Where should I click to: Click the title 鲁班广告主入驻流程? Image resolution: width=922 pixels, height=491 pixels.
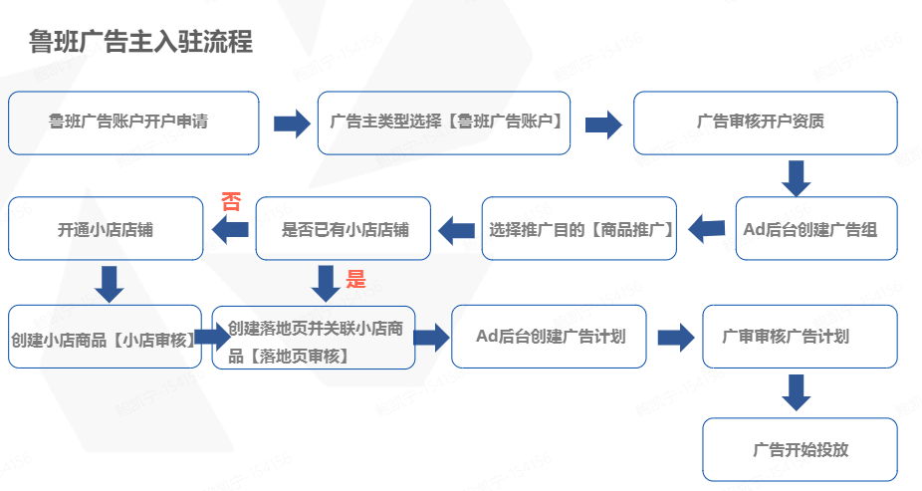pos(140,42)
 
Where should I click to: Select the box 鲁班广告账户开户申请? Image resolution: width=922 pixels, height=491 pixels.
pos(133,123)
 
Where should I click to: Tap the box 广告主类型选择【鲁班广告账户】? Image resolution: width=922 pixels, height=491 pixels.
pos(444,123)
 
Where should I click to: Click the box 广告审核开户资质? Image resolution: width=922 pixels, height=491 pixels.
pos(765,123)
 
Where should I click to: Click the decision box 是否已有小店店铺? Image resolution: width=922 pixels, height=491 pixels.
pos(345,229)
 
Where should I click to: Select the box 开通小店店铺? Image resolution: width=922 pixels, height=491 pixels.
pos(106,229)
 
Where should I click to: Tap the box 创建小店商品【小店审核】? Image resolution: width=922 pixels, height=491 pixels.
pos(106,338)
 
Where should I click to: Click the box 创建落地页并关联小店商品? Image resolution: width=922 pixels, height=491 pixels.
pos(314,338)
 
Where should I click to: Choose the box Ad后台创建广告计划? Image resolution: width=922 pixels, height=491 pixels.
pos(550,337)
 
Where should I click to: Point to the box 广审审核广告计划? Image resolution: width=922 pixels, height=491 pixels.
pos(800,337)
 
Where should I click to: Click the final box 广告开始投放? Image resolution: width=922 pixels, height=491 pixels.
pos(800,449)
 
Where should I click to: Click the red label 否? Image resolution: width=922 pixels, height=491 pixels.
pos(231,202)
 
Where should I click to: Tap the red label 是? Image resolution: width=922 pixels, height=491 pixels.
pos(355,280)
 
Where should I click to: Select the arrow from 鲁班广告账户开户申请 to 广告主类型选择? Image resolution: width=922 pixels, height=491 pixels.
pos(292,123)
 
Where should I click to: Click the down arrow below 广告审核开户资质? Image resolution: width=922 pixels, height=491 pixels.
pos(797,177)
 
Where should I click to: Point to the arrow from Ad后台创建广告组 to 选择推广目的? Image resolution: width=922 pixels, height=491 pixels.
pos(708,229)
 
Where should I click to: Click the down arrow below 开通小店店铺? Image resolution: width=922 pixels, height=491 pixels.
pos(112,284)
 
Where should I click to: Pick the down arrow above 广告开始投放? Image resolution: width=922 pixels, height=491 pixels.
pos(797,391)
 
